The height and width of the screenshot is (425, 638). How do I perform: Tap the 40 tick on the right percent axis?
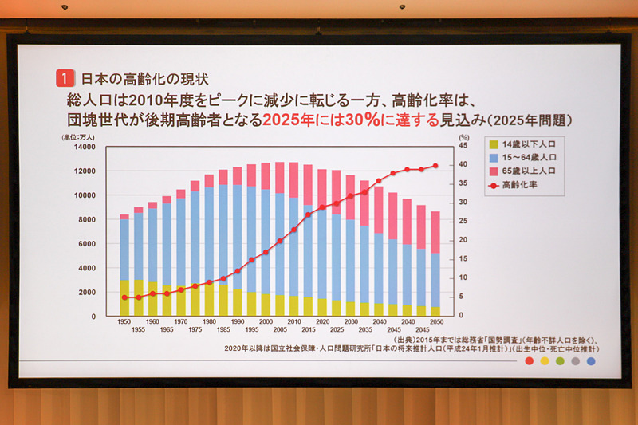tap(463, 165)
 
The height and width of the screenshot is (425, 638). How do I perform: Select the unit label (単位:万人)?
tap(79, 136)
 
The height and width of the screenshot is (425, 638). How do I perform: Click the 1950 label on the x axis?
tap(124, 321)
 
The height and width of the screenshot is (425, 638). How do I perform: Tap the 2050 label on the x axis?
tap(435, 321)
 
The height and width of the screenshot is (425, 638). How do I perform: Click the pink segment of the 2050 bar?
tap(435, 232)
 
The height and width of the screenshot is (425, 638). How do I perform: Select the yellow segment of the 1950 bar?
tap(124, 297)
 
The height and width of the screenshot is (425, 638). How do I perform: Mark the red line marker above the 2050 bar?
tap(435, 166)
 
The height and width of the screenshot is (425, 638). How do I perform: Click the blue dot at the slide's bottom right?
tap(591, 361)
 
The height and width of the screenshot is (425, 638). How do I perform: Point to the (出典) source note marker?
tap(406, 340)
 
